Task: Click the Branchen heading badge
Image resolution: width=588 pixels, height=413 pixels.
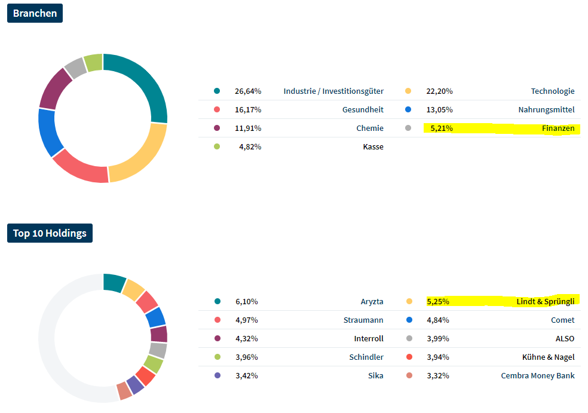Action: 35,13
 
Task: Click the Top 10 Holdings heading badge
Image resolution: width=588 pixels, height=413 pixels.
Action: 50,233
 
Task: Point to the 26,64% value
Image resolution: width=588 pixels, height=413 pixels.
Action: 248,91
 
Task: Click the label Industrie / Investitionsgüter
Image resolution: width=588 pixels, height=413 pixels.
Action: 333,91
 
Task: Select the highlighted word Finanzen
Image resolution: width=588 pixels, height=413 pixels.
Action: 558,129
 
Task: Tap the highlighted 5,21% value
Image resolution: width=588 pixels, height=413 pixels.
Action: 442,129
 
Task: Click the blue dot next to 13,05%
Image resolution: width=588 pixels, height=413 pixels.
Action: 408,110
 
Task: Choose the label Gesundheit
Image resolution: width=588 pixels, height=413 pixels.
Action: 363,110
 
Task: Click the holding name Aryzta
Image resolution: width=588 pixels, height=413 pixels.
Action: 372,302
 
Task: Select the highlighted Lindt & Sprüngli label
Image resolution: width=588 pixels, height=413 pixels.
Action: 545,302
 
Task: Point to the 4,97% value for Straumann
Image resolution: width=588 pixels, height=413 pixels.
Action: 247,320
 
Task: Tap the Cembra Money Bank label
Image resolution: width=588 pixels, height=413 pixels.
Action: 538,376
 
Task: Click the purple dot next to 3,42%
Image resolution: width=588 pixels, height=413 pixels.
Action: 217,376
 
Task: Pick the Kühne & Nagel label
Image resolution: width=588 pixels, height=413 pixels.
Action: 548,357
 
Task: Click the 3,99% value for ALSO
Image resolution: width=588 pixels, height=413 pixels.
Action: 438,339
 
